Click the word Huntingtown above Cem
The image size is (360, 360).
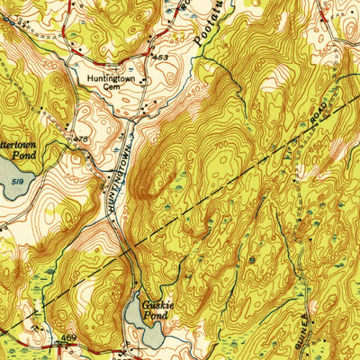pyautogui.click(x=114, y=78)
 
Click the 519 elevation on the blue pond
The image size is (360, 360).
pyautogui.click(x=19, y=180)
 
